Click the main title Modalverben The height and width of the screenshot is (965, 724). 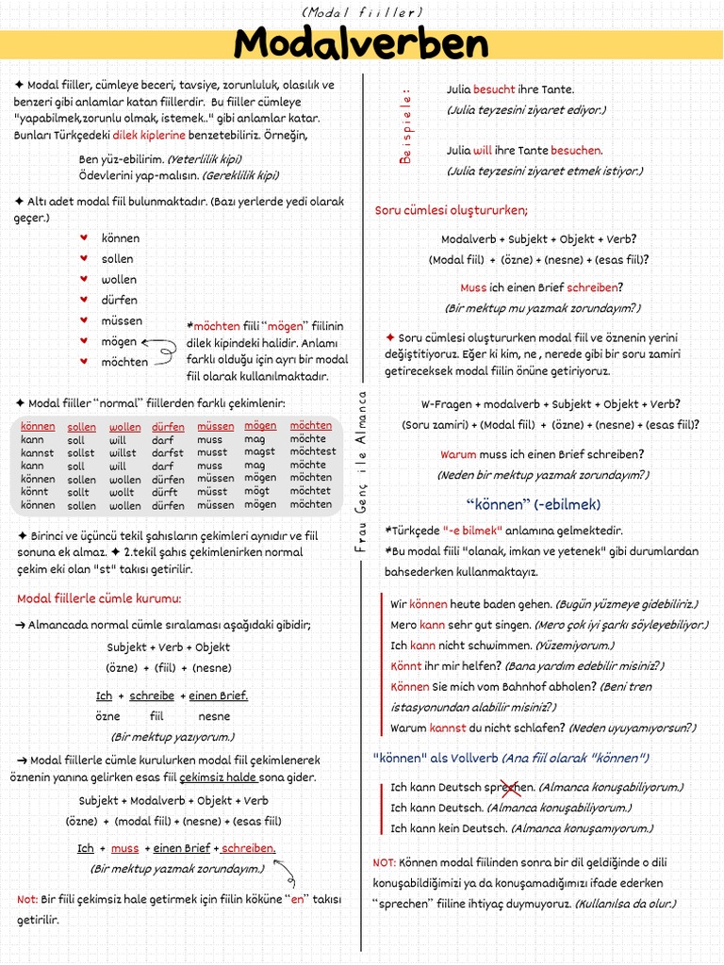(x=362, y=44)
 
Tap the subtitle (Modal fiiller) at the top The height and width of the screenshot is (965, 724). (x=362, y=11)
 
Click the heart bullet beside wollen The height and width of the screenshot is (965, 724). (x=83, y=279)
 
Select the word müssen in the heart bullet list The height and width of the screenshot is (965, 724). (x=121, y=320)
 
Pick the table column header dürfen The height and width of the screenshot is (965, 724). (x=168, y=427)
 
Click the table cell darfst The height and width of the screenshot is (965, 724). (x=168, y=452)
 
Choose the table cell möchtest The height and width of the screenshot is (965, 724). (x=312, y=451)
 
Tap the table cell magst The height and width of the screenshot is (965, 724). (x=259, y=452)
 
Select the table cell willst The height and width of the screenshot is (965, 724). (x=123, y=452)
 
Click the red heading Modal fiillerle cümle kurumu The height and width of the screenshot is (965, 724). (x=99, y=598)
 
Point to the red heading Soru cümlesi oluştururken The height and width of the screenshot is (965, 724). (x=452, y=209)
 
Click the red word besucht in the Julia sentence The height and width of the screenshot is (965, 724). (x=494, y=90)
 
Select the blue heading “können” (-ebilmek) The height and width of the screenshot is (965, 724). (x=534, y=503)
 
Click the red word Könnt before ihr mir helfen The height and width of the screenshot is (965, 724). (x=405, y=665)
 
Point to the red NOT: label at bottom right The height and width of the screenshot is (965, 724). (x=384, y=862)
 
